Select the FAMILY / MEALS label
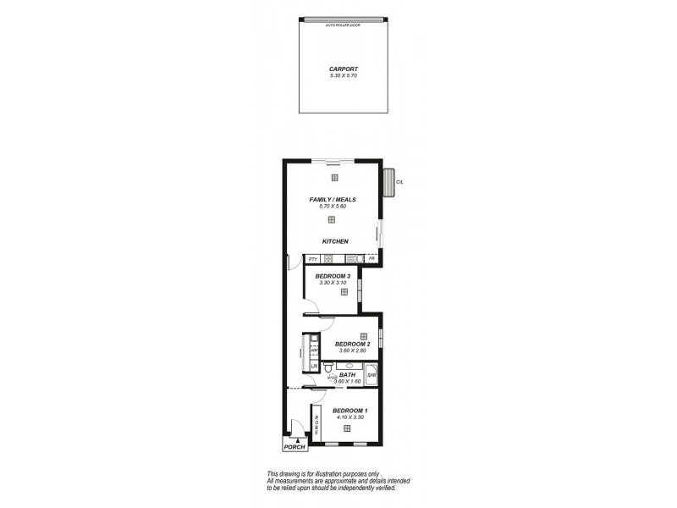(332, 199)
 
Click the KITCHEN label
(335, 241)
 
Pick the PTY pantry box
(312, 259)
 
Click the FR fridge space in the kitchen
(371, 259)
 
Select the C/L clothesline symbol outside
(390, 181)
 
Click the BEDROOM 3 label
(333, 276)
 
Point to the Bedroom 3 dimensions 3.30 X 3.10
(333, 283)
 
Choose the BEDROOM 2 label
(351, 344)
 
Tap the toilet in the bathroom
(327, 368)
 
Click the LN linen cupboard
(312, 366)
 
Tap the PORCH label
(295, 447)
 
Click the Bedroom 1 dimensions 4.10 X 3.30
(350, 417)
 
